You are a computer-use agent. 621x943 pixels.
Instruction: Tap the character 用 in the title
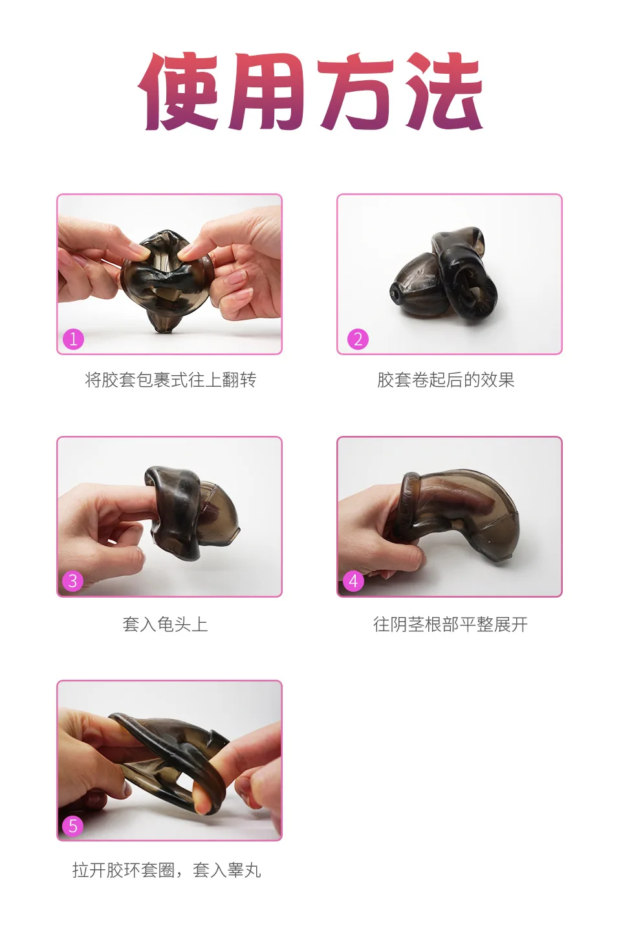(x=267, y=92)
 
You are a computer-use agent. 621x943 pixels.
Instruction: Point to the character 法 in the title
(x=442, y=92)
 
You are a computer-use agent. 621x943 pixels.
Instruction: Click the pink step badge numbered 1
(x=73, y=339)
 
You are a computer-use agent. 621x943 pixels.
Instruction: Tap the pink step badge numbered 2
(x=358, y=339)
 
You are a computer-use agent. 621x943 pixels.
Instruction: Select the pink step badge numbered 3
(x=73, y=581)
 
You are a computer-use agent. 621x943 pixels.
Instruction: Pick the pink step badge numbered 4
(x=353, y=581)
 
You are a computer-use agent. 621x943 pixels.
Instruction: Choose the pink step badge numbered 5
(x=73, y=825)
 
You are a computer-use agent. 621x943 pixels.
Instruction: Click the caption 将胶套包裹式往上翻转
(x=171, y=380)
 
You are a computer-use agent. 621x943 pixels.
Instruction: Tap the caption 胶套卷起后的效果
(x=446, y=380)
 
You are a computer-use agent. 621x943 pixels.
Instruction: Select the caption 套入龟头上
(x=165, y=624)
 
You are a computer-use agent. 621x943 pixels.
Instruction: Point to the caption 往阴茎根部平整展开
(x=450, y=624)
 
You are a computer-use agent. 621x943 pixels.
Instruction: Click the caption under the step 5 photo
(x=166, y=870)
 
